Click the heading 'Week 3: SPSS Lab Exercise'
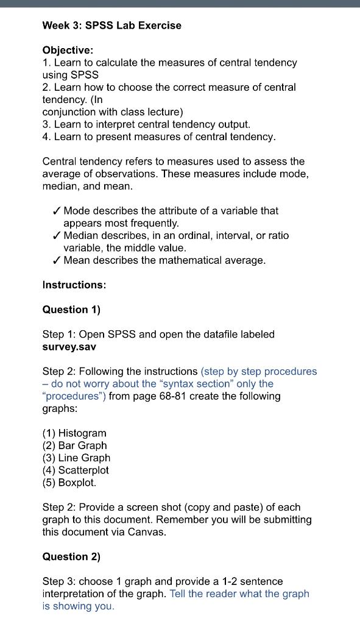point(111,26)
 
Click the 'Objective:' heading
point(68,50)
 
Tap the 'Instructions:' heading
point(74,285)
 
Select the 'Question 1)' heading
point(71,310)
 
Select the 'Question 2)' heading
point(71,556)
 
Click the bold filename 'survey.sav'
point(69,347)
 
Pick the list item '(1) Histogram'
point(74,433)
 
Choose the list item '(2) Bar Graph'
point(74,445)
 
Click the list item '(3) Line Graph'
point(76,458)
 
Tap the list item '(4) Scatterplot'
point(76,470)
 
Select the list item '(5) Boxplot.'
point(69,483)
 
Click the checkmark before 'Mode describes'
point(56,211)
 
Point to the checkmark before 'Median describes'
point(56,236)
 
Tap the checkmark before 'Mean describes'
point(56,261)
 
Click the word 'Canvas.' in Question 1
point(147,532)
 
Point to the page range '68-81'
point(177,396)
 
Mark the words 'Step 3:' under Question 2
point(59,581)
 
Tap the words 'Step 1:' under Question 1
point(59,335)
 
